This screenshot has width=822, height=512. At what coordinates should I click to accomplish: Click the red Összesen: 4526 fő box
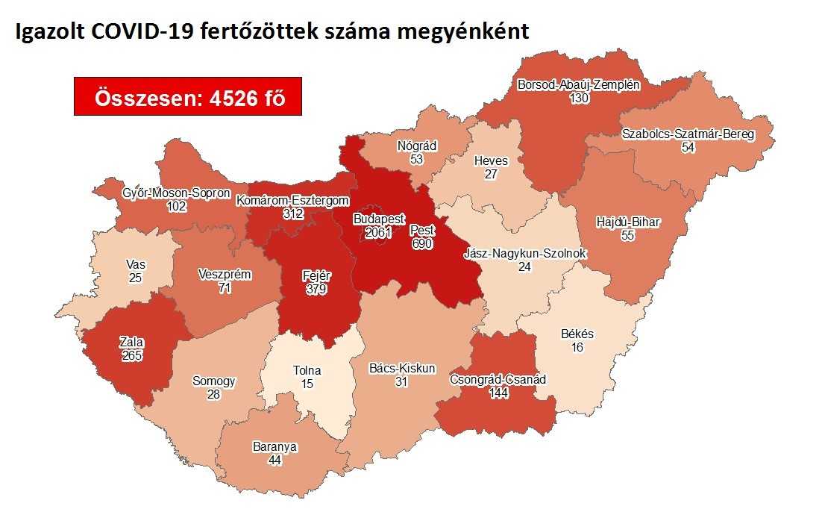click(x=187, y=96)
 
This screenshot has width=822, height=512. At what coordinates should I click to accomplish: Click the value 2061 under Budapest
click(x=379, y=234)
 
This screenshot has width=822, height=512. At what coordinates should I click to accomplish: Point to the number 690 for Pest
click(x=422, y=243)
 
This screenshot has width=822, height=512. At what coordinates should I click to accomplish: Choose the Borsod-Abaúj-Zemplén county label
click(x=579, y=85)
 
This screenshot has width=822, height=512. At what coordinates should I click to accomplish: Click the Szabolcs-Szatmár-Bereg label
click(x=688, y=135)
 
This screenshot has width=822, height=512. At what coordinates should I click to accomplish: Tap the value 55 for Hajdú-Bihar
click(x=630, y=234)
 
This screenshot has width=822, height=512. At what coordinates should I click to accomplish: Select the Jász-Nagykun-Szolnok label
click(x=524, y=254)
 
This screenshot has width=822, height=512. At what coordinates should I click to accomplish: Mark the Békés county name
click(x=577, y=334)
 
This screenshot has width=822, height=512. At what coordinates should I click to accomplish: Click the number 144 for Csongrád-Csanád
click(x=498, y=393)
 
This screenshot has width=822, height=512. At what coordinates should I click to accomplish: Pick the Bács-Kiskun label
click(x=402, y=368)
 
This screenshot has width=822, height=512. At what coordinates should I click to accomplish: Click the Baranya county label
click(x=275, y=447)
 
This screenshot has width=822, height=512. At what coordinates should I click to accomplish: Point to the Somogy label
click(x=213, y=381)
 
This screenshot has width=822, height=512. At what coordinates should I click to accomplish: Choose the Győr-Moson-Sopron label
click(x=176, y=194)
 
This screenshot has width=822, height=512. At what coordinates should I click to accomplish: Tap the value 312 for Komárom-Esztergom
click(x=293, y=213)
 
